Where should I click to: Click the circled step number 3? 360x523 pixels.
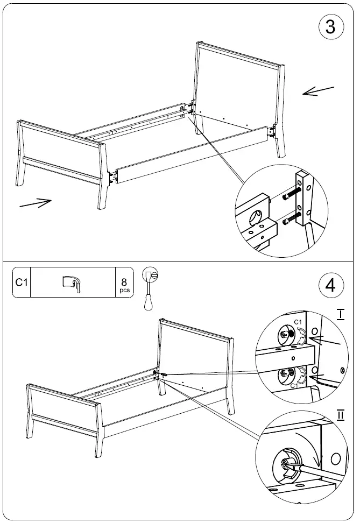pyautogui.click(x=330, y=27)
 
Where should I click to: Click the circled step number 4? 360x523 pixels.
pyautogui.click(x=330, y=285)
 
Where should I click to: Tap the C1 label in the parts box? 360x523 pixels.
pyautogui.click(x=21, y=282)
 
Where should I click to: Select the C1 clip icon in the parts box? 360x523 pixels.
pyautogui.click(x=72, y=283)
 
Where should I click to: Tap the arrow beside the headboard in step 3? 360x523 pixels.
pyautogui.click(x=318, y=91)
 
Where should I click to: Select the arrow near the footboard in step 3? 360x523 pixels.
pyautogui.click(x=36, y=203)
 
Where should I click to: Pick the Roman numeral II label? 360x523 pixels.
pyautogui.click(x=340, y=415)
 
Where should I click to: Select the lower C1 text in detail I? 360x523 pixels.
pyautogui.click(x=294, y=386)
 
